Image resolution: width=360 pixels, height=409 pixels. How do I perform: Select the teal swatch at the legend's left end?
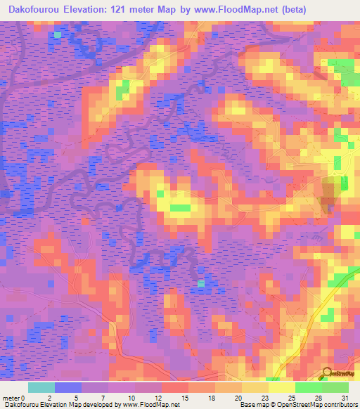pos(41,387)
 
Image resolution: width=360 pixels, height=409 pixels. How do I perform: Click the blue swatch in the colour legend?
pos(68,387)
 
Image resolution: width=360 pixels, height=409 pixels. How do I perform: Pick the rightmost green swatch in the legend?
pos(335,387)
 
